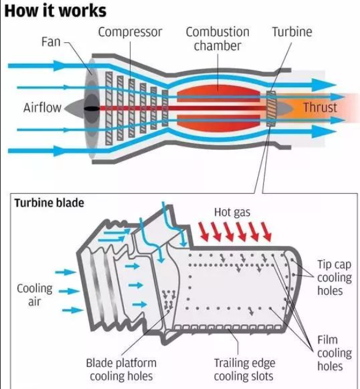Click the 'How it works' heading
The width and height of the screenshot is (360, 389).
coord(56,10)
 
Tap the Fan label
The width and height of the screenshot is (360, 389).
coord(51,42)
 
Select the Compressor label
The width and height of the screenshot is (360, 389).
coord(130,32)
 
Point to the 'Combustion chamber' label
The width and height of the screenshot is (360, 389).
coord(218,39)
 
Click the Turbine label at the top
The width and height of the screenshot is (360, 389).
coord(292,32)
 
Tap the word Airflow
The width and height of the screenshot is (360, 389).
coord(42,108)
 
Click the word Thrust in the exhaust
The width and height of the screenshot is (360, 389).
coord(320,108)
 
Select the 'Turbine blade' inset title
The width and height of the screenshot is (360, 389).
coord(50,202)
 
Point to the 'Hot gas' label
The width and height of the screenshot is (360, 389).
coord(232,212)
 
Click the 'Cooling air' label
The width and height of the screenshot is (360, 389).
coord(35,295)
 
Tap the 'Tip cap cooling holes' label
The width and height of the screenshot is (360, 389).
coord(334,277)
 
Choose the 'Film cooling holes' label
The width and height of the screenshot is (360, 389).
coord(334,353)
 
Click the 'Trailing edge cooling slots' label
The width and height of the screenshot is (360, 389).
coord(244,369)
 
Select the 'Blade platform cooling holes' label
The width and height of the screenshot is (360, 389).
coord(121,369)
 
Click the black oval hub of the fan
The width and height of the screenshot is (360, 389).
coord(92,108)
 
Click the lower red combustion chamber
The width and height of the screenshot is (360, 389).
coord(218,123)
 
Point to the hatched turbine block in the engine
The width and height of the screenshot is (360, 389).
coord(271,109)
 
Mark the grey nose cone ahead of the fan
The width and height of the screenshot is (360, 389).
coord(75,108)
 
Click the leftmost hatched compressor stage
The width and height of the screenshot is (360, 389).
coord(109,108)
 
